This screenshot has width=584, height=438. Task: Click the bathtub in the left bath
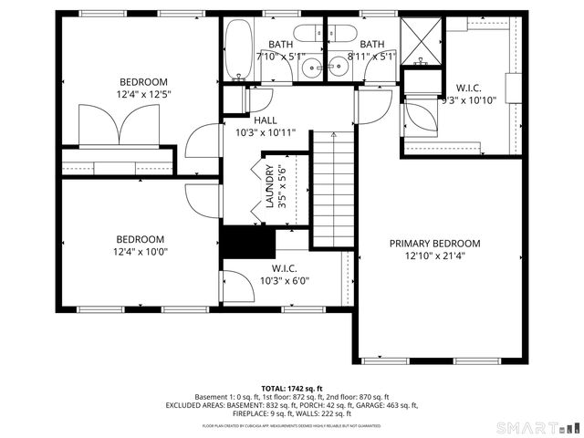click(239, 51)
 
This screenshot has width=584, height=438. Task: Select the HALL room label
click(266, 120)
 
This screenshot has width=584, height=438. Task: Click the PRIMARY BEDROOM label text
click(434, 244)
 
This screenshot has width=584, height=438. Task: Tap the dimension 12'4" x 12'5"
click(144, 93)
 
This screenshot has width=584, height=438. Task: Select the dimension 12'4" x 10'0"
click(141, 252)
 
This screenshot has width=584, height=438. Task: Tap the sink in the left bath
click(312, 66)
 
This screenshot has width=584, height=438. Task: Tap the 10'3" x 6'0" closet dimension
click(285, 281)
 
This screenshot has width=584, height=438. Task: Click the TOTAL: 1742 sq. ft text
click(292, 388)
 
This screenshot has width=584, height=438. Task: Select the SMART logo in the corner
click(538, 426)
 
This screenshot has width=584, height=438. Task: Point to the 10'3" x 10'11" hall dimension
click(266, 132)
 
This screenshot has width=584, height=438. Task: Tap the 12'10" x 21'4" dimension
click(434, 256)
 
